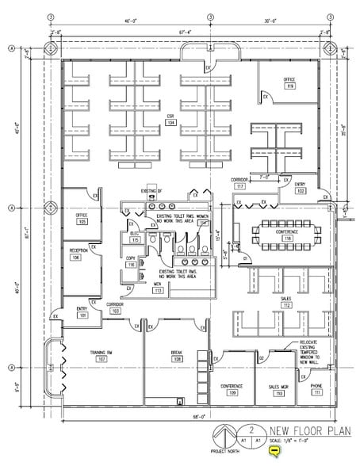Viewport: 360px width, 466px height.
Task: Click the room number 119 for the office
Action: [x=290, y=86]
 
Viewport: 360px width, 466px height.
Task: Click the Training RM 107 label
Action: [x=101, y=357]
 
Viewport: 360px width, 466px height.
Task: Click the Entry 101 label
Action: [x=82, y=313]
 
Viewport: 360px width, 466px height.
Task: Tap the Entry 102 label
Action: [x=301, y=189]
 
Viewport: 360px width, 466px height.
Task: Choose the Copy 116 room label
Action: [x=131, y=263]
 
